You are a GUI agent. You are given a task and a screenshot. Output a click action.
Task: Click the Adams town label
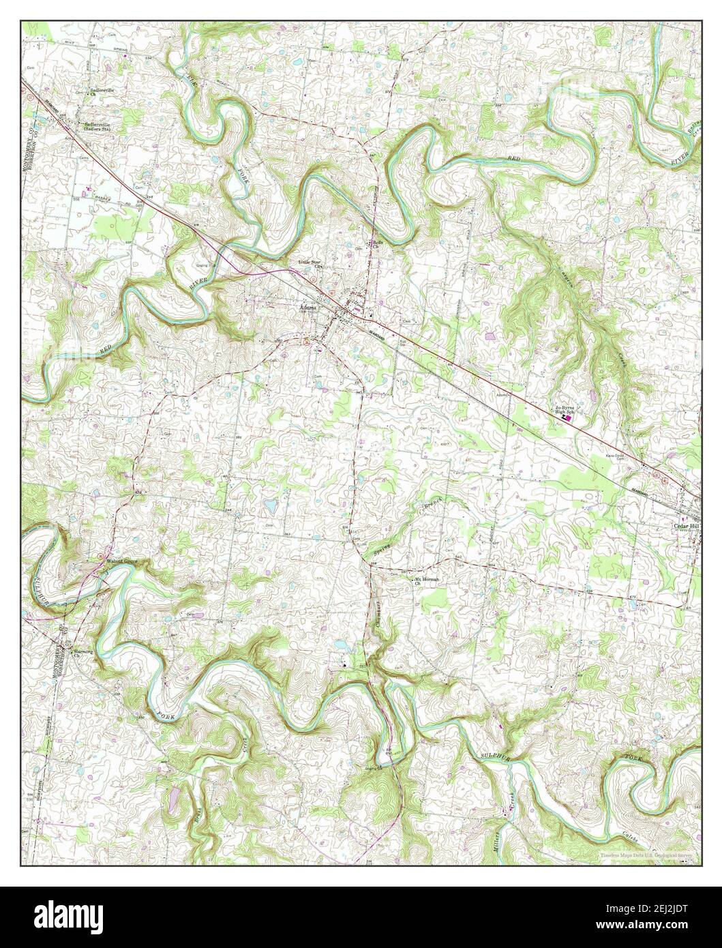pyautogui.click(x=307, y=307)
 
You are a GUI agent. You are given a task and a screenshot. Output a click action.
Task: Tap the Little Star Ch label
pyautogui.click(x=311, y=263)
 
